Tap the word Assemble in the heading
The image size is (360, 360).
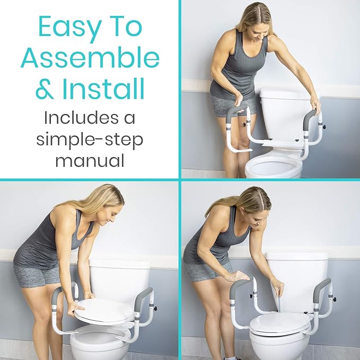(90, 57)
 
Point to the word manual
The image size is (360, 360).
(90, 160)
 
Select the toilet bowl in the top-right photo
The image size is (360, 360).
(274, 168)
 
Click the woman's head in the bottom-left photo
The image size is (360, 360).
(109, 204)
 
